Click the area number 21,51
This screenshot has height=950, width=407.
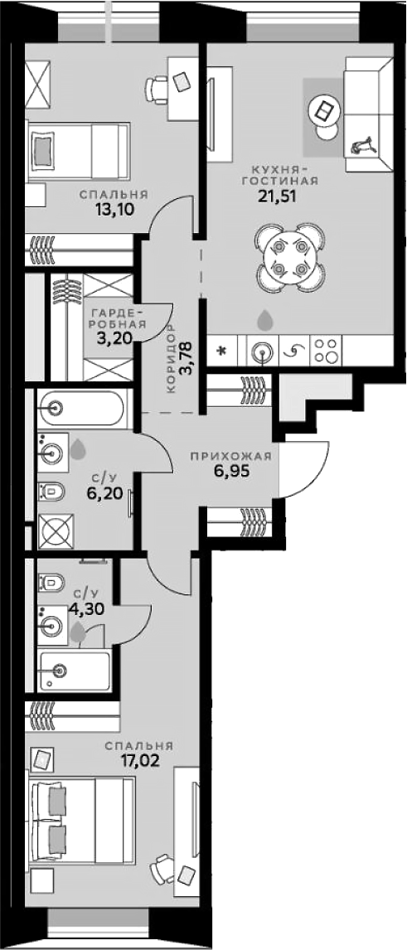tap(277, 196)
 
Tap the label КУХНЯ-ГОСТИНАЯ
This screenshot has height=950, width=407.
tap(280, 174)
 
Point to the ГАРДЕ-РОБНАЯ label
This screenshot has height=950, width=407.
tap(119, 318)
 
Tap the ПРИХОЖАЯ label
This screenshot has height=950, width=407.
tap(230, 457)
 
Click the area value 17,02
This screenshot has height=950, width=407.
tap(139, 760)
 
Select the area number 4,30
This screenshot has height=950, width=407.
tap(89, 608)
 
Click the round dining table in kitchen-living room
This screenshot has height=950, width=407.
tap(290, 257)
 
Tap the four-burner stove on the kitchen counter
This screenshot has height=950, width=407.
tap(326, 351)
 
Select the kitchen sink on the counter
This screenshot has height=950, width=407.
tap(262, 351)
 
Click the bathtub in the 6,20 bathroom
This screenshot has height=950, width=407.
tap(83, 409)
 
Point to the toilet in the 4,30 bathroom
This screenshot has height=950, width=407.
tap(51, 583)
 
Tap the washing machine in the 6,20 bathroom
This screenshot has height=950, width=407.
tap(56, 531)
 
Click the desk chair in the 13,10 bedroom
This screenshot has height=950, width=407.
tap(157, 90)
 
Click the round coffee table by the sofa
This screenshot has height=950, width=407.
tap(325, 111)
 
